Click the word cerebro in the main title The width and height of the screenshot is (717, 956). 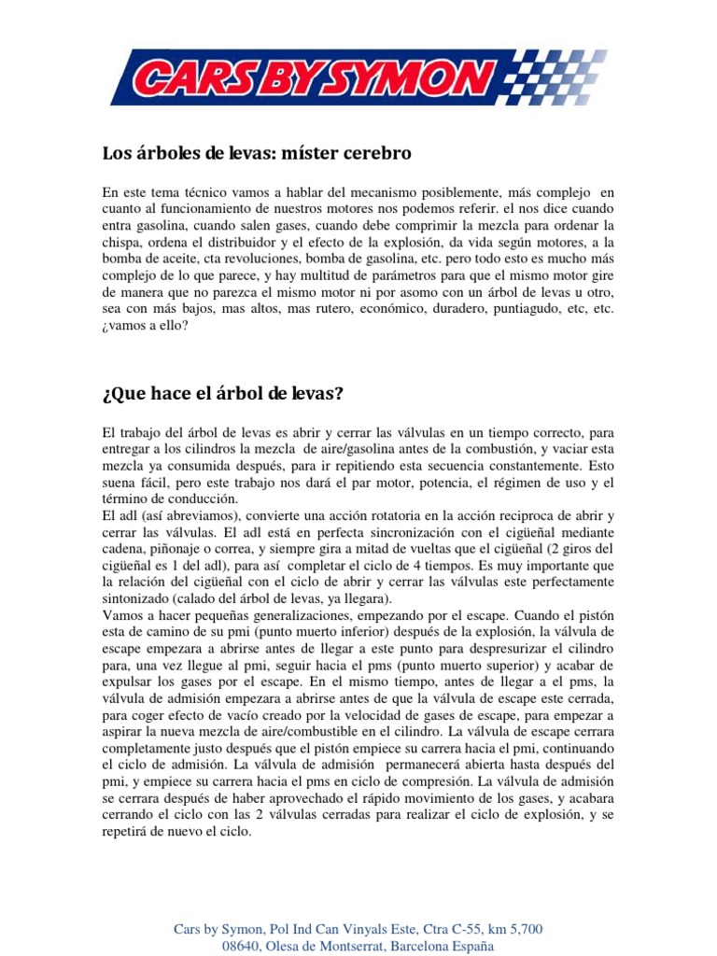(x=373, y=151)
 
